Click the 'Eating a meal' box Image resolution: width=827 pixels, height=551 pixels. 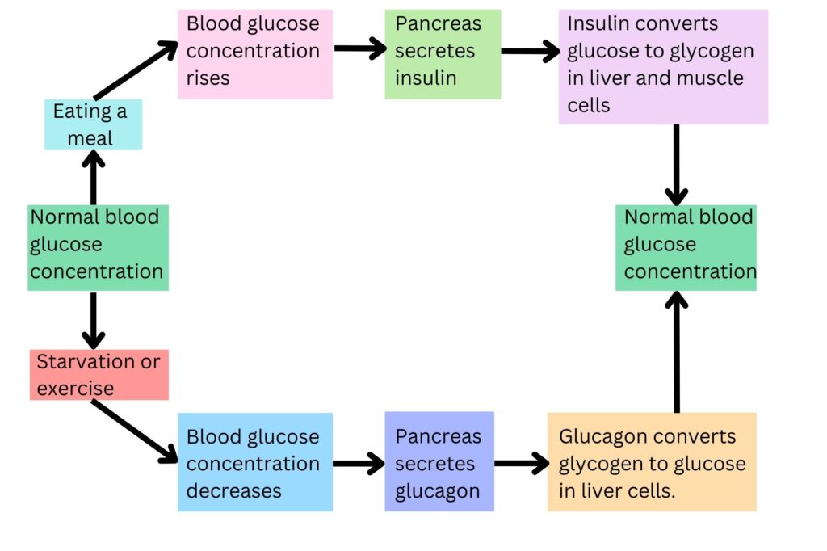(93, 124)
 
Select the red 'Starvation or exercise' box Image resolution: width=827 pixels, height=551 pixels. (99, 375)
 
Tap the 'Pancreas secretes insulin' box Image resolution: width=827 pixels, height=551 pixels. (442, 54)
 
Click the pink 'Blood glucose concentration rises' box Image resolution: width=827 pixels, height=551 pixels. (254, 54)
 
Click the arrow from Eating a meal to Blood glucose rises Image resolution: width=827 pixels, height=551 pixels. (136, 71)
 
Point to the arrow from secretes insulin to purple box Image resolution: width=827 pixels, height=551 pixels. (530, 52)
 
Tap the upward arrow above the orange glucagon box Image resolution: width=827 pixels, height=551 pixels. (676, 352)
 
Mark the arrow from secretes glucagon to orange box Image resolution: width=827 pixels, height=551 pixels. (521, 464)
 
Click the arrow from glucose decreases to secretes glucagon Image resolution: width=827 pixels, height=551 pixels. (359, 464)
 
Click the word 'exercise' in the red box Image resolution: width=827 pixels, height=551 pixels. (75, 388)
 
